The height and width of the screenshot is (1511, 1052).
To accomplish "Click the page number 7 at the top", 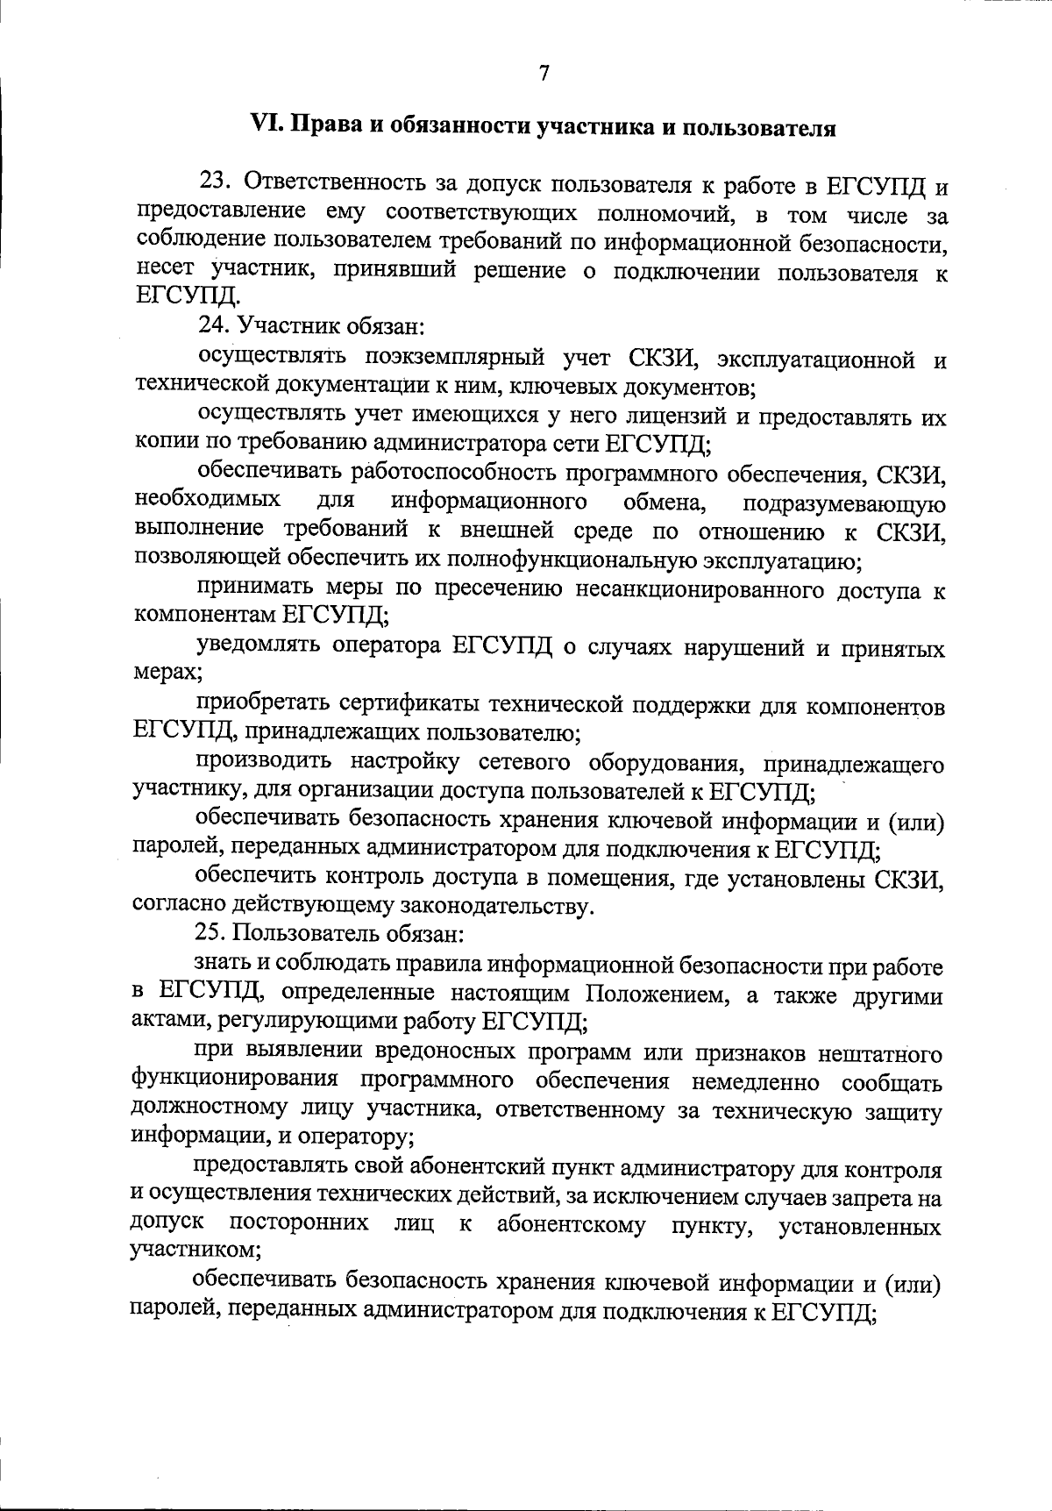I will (x=544, y=74).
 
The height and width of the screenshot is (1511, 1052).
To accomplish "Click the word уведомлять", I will (x=258, y=647).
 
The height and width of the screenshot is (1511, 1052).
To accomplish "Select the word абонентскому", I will (x=572, y=1226).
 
